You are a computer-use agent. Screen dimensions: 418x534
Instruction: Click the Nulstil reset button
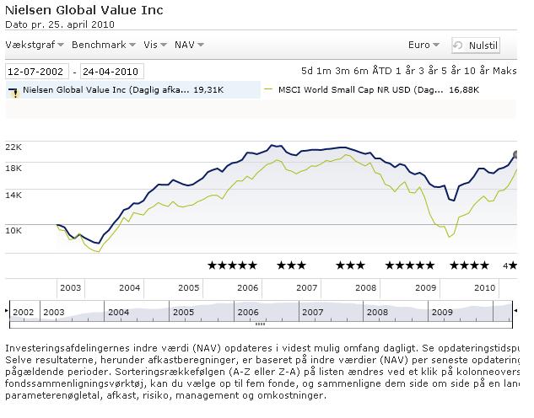pyautogui.click(x=476, y=46)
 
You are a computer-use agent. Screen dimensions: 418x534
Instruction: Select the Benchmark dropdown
pyautogui.click(x=104, y=45)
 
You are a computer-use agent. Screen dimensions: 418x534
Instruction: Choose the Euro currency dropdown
pyautogui.click(x=423, y=45)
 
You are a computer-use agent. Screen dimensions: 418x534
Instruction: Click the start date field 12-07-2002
pyautogui.click(x=37, y=72)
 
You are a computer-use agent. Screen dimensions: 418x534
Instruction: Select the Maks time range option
pyautogui.click(x=505, y=71)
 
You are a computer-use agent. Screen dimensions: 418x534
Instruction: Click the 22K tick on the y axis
pyautogui.click(x=13, y=147)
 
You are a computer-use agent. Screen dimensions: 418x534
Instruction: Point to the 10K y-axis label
pyautogui.click(x=13, y=229)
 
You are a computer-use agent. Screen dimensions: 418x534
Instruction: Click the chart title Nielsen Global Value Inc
pyautogui.click(x=84, y=11)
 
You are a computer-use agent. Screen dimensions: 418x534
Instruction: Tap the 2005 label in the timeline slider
pyautogui.click(x=183, y=312)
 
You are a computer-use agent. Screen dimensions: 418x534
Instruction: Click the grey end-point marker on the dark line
pyautogui.click(x=516, y=155)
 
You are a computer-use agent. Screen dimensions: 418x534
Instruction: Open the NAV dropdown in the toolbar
pyautogui.click(x=188, y=45)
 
